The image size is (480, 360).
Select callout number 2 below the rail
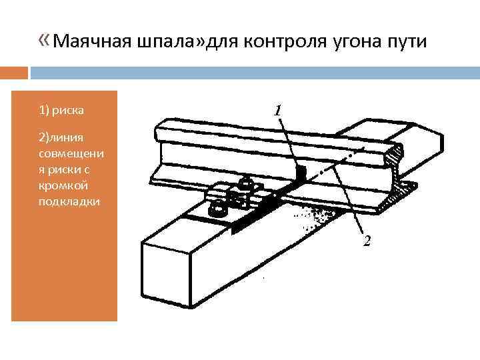click(367, 241)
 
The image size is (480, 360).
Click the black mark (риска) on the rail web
click(299, 174)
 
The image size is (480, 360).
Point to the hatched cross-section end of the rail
click(401, 170)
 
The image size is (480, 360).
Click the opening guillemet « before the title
click(44, 43)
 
